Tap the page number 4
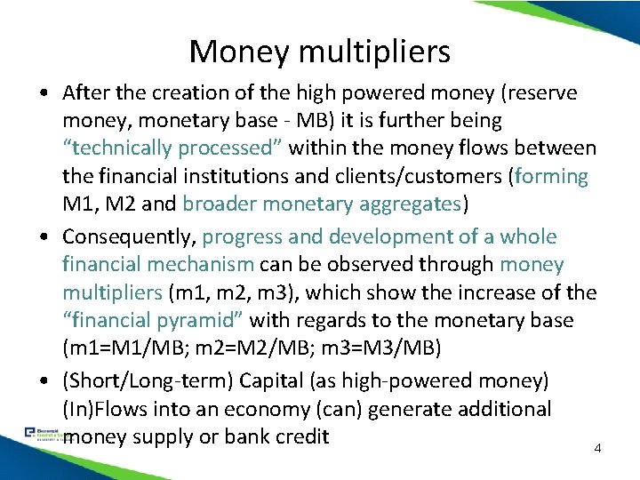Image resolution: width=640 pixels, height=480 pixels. point(597,448)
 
